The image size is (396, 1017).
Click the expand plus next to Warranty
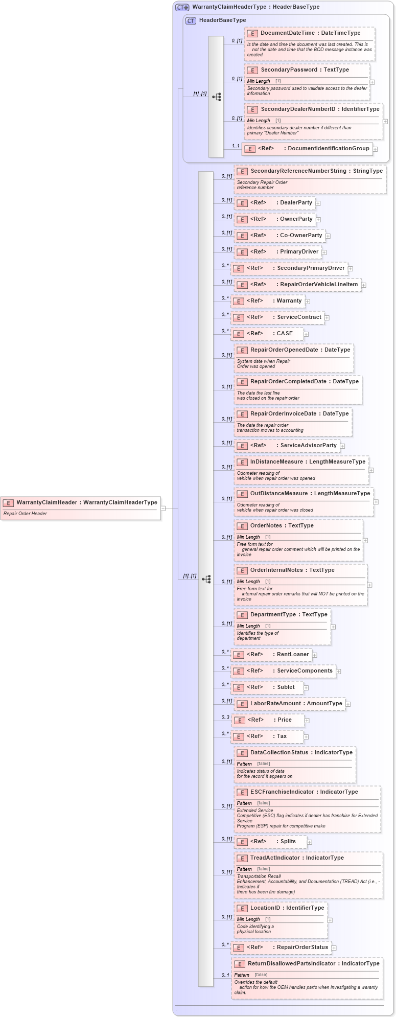308,302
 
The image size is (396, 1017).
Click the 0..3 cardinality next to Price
225,718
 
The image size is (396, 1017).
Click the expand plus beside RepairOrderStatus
334,948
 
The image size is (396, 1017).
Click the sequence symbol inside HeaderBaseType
216,97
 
